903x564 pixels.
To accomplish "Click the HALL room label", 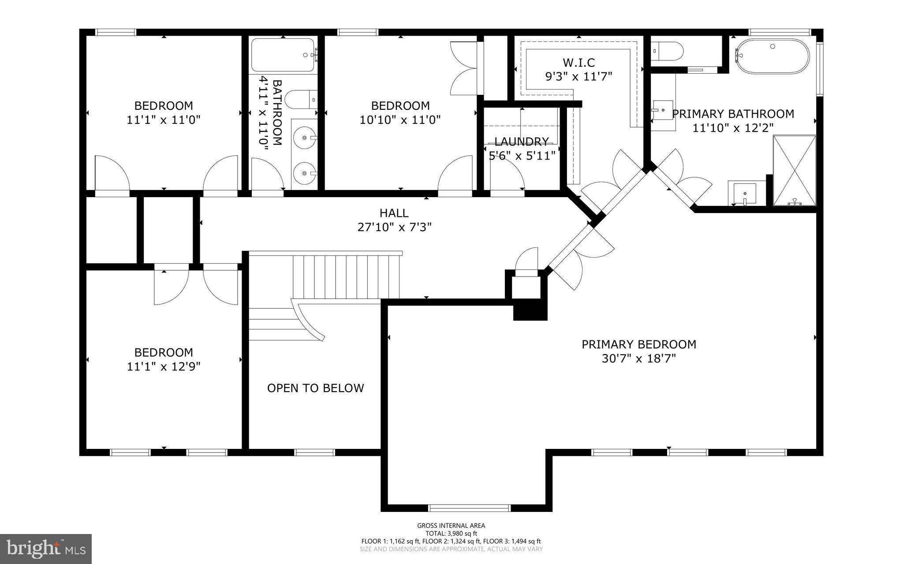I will [x=394, y=213].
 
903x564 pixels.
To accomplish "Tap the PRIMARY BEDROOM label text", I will [x=638, y=344].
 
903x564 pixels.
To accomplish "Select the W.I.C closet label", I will [x=578, y=62].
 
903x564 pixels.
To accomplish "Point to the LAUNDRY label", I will [x=521, y=142].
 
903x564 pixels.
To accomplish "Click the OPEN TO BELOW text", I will [x=315, y=388].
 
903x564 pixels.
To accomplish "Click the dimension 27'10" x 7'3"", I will [x=394, y=227].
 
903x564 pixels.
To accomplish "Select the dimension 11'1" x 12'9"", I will [x=164, y=366].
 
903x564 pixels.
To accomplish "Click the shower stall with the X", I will [x=795, y=170].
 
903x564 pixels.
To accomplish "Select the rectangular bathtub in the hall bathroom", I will [x=283, y=55].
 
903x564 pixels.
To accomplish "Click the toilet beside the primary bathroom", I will [x=667, y=51].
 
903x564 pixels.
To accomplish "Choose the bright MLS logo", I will [x=46, y=549].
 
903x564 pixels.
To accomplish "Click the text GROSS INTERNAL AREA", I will [x=451, y=525].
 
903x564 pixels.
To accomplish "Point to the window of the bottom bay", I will [x=469, y=508].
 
